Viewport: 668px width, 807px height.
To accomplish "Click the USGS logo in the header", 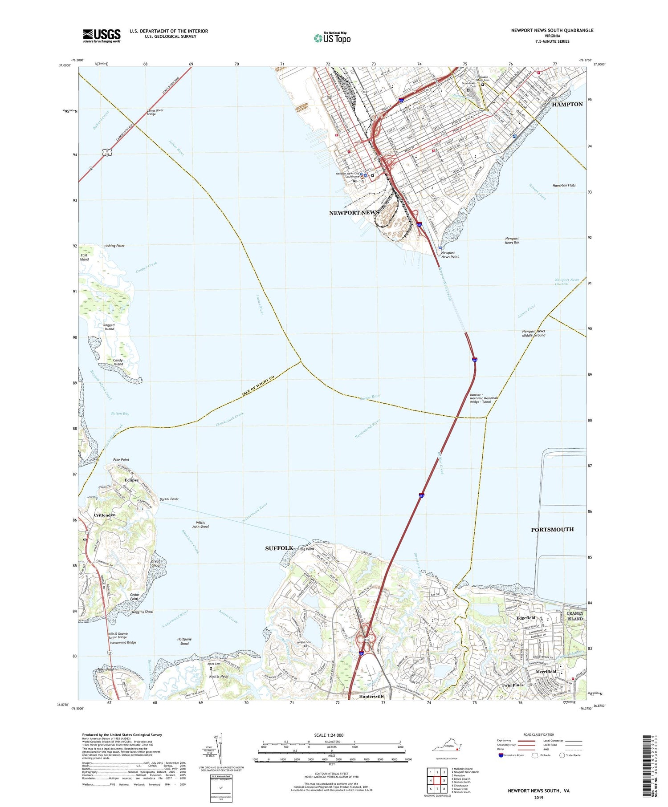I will (102, 36).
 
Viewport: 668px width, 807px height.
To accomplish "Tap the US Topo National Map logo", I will (332, 38).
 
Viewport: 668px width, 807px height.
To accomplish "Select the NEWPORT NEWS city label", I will (354, 213).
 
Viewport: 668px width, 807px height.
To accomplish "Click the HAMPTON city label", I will (567, 104).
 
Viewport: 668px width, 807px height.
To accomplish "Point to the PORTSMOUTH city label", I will (552, 529).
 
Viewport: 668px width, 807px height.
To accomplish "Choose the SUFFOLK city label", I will (279, 548).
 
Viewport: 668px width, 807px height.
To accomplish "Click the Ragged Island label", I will (109, 327).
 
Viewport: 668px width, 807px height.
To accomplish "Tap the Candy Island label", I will (118, 362).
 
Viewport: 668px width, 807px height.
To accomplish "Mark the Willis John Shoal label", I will (200, 524).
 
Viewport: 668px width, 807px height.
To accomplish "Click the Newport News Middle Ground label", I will (534, 333).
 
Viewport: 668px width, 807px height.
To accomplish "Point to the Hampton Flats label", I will (564, 185).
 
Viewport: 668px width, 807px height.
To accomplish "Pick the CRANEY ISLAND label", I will (574, 616).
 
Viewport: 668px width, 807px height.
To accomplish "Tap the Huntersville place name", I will (371, 696).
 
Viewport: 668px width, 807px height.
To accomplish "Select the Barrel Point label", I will (168, 499).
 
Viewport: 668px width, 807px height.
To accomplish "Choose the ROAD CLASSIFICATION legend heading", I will (539, 734).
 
